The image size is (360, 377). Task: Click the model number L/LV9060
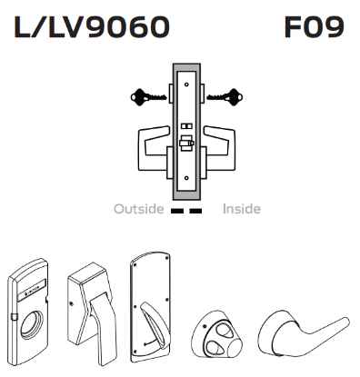click(x=92, y=27)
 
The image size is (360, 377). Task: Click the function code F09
click(x=315, y=27)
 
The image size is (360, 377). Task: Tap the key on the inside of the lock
click(x=221, y=94)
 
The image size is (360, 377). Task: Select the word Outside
click(x=139, y=209)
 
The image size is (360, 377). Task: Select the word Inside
click(x=242, y=209)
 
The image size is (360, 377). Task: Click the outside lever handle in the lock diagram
click(x=154, y=143)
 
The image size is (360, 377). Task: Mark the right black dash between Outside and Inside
click(x=195, y=210)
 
